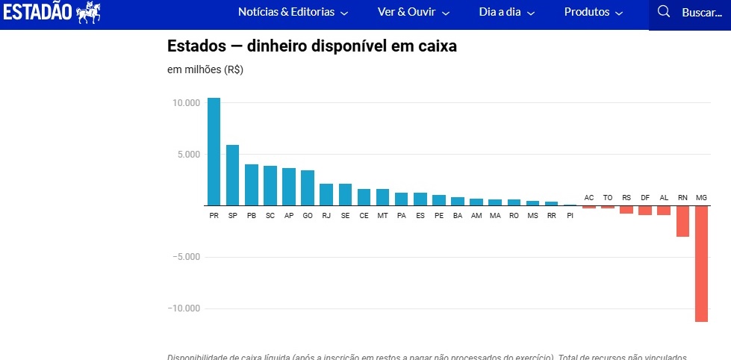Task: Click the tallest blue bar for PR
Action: tap(214, 152)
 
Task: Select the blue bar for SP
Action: tap(232, 175)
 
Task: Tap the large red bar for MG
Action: tap(701, 264)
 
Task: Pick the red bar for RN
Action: tap(682, 221)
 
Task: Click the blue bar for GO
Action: tap(308, 187)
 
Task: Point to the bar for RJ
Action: tap(326, 194)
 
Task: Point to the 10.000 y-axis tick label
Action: tap(186, 103)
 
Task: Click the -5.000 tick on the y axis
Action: tap(186, 257)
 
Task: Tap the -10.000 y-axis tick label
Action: tap(184, 308)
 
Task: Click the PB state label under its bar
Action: tap(251, 215)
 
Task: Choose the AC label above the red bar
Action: tap(589, 197)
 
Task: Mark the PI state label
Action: tap(570, 215)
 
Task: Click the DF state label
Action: tap(645, 197)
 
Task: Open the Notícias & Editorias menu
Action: tap(293, 13)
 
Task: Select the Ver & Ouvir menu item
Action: tap(414, 13)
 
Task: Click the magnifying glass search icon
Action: tap(664, 13)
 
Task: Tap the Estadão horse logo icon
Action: tap(89, 12)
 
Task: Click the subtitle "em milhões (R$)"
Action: tap(205, 70)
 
